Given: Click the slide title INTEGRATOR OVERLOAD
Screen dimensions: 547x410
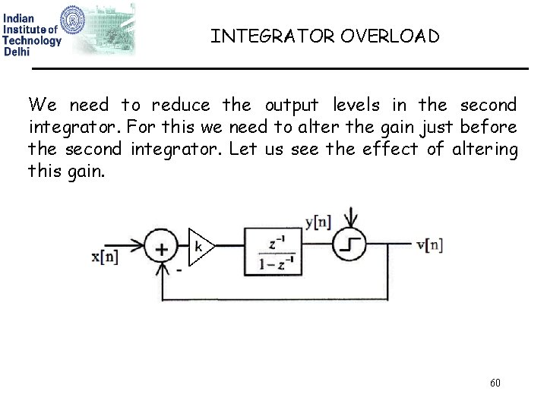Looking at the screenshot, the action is click(324, 36).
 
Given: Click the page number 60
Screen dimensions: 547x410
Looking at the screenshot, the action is click(495, 383).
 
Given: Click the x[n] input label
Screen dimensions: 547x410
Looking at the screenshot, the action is click(105, 256).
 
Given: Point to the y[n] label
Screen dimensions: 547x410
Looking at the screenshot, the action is click(318, 222).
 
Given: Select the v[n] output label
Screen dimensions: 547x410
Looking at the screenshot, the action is click(430, 244).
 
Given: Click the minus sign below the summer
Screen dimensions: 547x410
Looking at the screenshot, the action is click(179, 269).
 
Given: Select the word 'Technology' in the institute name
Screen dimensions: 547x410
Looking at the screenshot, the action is click(32, 41).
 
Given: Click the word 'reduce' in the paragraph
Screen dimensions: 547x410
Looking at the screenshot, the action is click(179, 105).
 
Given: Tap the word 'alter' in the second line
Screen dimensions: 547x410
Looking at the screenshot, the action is click(324, 127).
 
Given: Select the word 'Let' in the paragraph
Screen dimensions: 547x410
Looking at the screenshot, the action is click(242, 149).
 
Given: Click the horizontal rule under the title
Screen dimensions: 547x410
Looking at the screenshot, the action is click(280, 69).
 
